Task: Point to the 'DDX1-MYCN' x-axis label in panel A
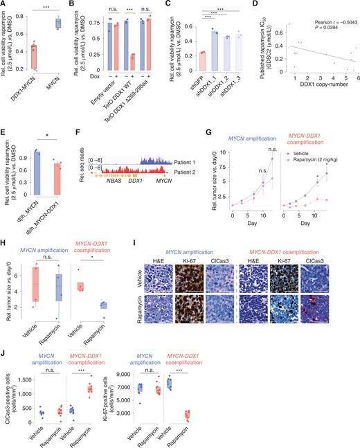(31, 78)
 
